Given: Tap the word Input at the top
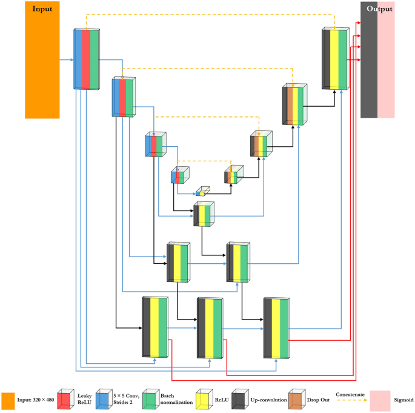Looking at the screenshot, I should click(x=42, y=9).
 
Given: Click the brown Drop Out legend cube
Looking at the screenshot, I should click(x=296, y=401).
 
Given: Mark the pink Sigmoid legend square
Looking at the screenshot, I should click(x=380, y=401).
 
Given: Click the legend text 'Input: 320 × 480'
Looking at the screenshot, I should click(x=36, y=400).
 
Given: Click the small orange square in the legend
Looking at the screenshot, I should click(x=8, y=401).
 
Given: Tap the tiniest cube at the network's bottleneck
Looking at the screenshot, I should click(x=202, y=192).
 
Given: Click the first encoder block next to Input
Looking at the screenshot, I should click(x=86, y=59).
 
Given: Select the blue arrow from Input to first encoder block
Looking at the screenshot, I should click(x=66, y=60).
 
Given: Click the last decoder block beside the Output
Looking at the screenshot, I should click(x=335, y=59).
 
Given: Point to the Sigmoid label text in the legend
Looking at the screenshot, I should click(x=402, y=400).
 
